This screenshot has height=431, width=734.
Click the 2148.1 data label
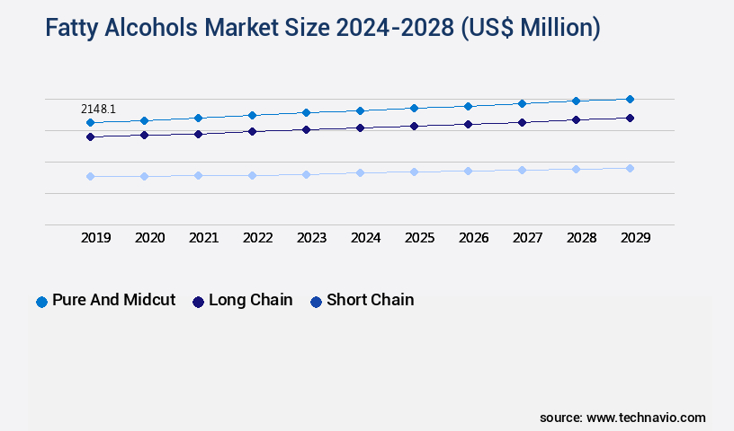click(x=98, y=109)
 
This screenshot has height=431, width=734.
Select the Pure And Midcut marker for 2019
click(x=90, y=122)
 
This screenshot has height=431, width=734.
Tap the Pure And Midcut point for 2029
click(x=630, y=99)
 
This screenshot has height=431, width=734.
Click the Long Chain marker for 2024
click(x=360, y=128)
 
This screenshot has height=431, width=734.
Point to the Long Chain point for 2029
click(x=630, y=118)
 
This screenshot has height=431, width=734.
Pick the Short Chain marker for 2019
click(x=90, y=176)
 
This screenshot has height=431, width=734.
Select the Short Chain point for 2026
click(x=468, y=171)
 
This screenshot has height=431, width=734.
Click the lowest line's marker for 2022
click(x=252, y=175)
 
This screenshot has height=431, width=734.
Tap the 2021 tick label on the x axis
click(x=203, y=238)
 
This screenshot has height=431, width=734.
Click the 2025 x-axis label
click(x=419, y=238)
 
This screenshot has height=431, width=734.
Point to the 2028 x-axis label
click(x=581, y=238)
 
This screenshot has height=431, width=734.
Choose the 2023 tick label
click(x=311, y=238)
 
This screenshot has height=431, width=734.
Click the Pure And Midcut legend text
click(x=113, y=300)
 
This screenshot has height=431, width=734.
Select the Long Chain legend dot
click(x=198, y=302)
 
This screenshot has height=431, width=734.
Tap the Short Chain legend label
click(x=370, y=300)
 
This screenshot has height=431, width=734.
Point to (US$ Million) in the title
click(x=530, y=28)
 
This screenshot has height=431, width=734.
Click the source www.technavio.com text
click(x=622, y=418)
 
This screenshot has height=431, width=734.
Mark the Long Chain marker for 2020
click(x=144, y=135)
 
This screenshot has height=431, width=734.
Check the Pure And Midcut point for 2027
click(x=522, y=103)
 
